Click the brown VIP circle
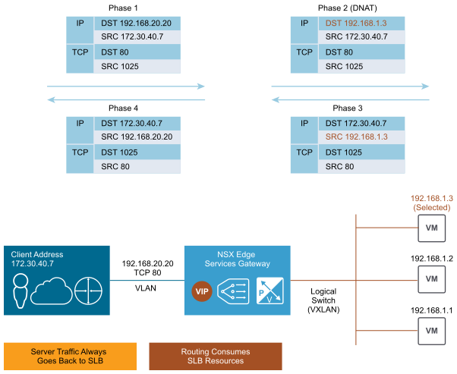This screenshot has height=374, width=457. click(202, 291)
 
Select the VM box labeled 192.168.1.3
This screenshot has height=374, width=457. click(432, 228)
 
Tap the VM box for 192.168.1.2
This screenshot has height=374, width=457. click(432, 279)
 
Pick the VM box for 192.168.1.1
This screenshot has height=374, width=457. click(432, 331)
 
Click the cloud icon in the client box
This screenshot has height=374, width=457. click(52, 291)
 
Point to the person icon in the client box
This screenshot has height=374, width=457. click(20, 291)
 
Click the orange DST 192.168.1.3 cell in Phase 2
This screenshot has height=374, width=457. click(361, 24)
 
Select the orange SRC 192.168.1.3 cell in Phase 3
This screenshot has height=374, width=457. click(361, 137)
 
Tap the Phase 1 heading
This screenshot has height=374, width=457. click(123, 8)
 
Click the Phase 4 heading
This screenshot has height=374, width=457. click(123, 108)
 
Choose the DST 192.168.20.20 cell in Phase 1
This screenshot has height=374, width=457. click(137, 24)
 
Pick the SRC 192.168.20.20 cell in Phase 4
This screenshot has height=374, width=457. click(137, 137)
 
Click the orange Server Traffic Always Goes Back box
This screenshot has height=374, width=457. click(70, 357)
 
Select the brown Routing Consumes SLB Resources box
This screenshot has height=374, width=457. click(216, 357)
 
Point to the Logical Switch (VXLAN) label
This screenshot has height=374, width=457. click(323, 300)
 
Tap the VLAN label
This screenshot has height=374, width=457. click(146, 288)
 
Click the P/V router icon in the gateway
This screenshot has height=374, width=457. click(270, 291)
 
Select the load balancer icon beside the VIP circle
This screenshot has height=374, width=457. click(233, 291)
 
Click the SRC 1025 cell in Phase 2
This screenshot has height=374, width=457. click(361, 67)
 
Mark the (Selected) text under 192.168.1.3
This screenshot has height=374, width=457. click(432, 207)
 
